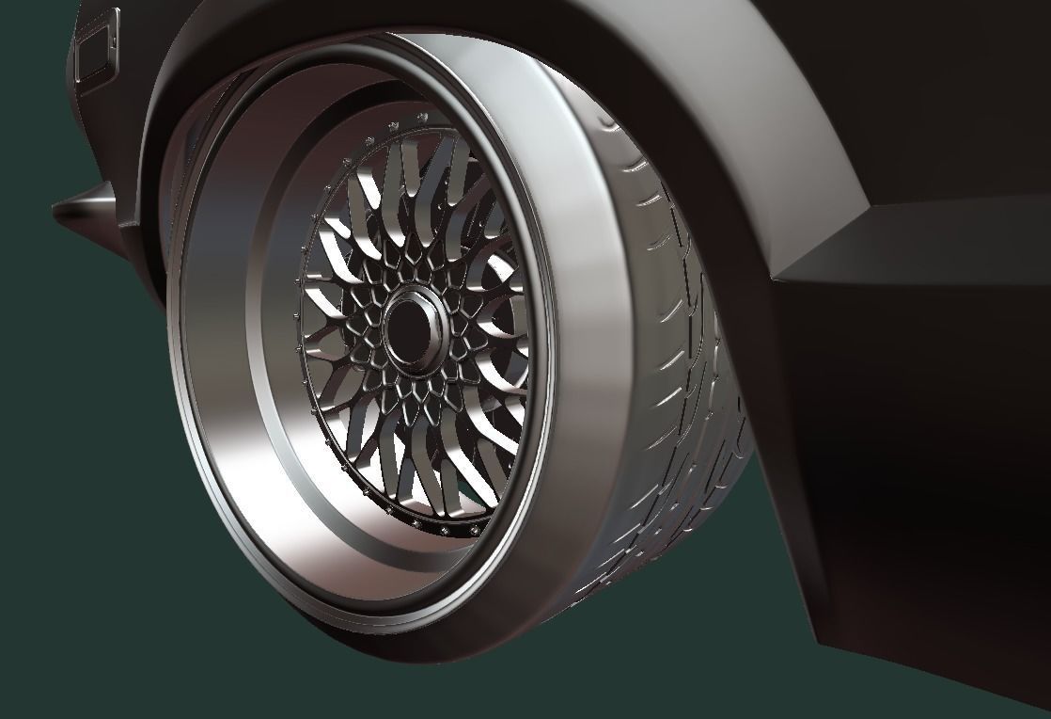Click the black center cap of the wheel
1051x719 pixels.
pyautogui.click(x=411, y=325)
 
